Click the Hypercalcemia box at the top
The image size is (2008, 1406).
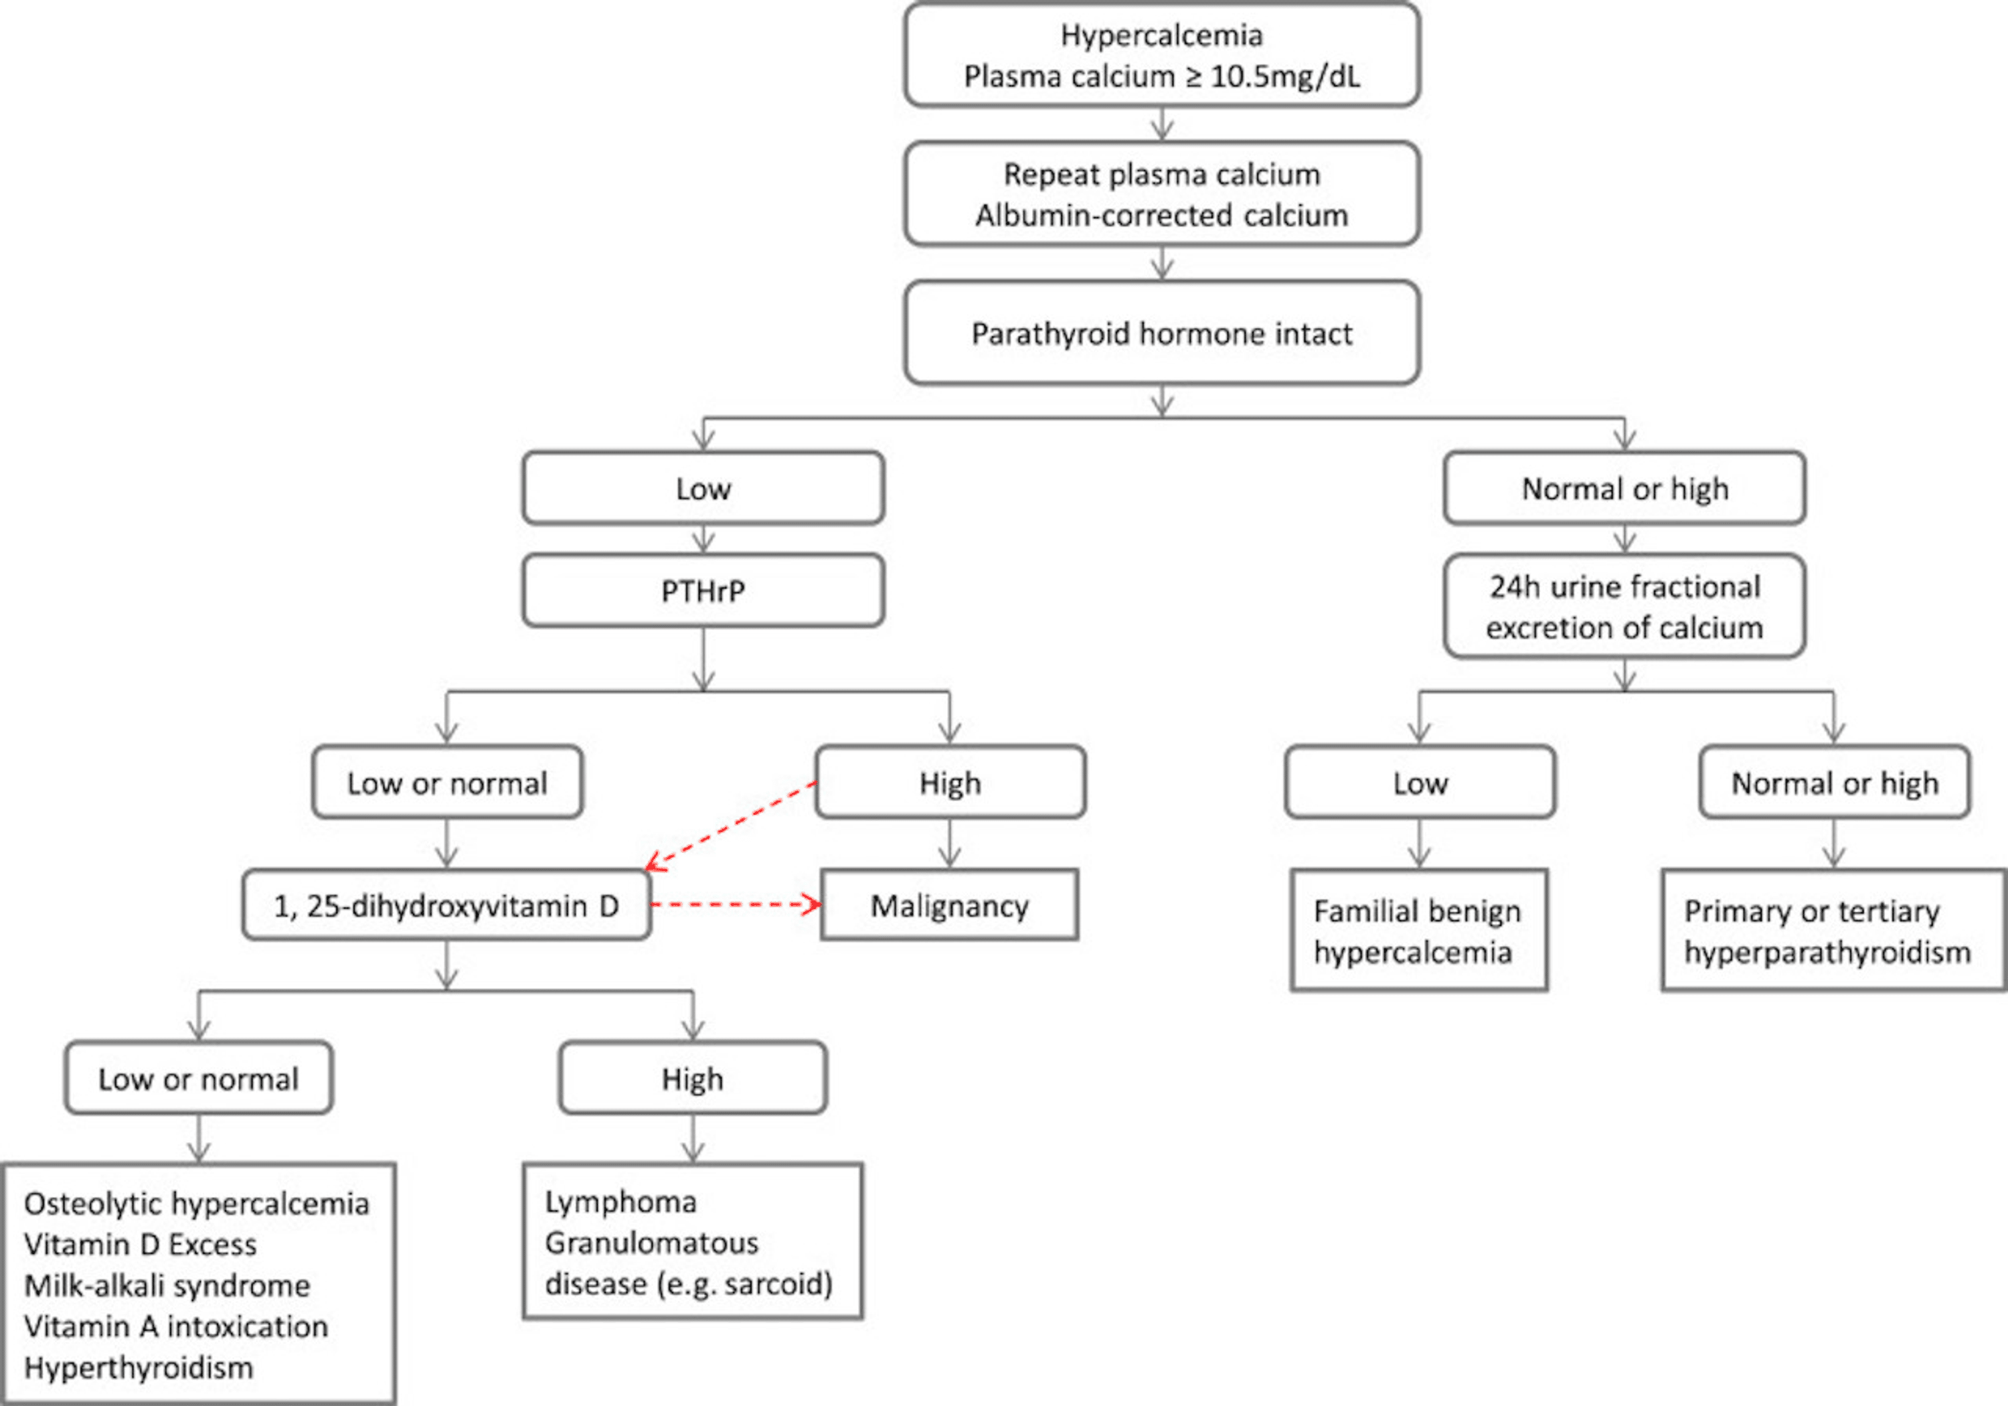pos(1161,54)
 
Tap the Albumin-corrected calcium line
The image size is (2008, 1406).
pos(1161,215)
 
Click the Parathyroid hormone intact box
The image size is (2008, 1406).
pos(1161,333)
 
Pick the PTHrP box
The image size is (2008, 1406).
pos(703,591)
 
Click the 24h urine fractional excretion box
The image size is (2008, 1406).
pos(1624,607)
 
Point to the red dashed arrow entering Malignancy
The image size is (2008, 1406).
pos(735,904)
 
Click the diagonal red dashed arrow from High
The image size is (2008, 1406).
pos(731,826)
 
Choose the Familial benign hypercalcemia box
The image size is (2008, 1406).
pos(1418,931)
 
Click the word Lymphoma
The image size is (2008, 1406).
pos(621,1202)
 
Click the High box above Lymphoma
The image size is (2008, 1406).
pos(693,1079)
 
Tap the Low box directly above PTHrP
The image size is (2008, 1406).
pos(703,488)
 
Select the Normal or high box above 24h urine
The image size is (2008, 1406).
pos(1624,488)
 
